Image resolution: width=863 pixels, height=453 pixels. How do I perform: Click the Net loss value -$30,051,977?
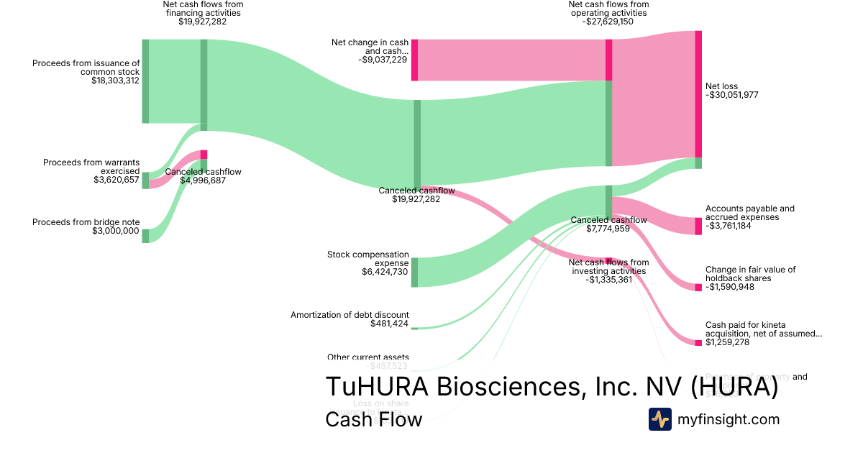click(732, 95)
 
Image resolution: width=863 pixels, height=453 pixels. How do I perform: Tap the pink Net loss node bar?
click(698, 93)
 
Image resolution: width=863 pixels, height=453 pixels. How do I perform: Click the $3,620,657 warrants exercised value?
click(117, 180)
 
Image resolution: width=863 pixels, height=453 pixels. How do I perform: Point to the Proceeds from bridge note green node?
click(145, 236)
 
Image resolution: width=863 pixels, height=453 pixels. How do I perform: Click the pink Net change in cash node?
click(415, 60)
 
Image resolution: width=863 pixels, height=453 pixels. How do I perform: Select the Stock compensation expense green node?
click(415, 273)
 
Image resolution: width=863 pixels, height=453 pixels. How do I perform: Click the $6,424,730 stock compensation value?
click(385, 273)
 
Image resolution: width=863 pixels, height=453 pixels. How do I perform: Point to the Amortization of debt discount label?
click(350, 315)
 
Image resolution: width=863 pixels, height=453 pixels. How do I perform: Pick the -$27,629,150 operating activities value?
click(608, 22)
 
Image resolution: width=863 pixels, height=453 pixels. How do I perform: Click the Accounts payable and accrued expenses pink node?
click(698, 226)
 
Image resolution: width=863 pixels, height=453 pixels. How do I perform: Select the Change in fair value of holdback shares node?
click(698, 288)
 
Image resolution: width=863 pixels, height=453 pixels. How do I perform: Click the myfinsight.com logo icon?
click(659, 419)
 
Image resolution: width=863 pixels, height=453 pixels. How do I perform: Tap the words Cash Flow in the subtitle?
click(373, 419)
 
